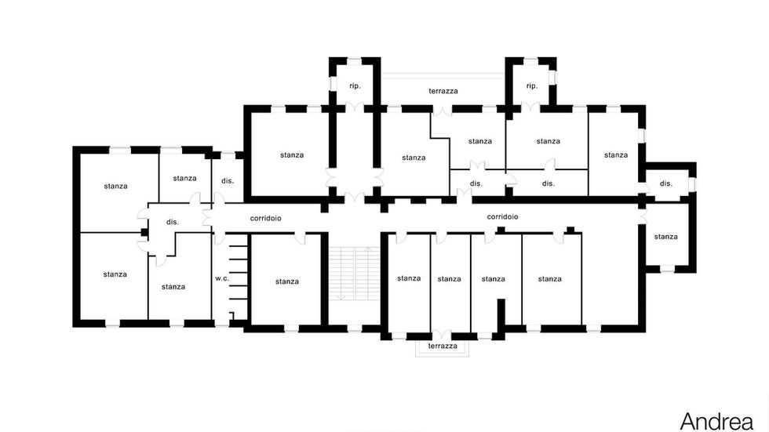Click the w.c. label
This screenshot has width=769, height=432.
pyautogui.click(x=222, y=278)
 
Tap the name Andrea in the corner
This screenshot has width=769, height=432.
pyautogui.click(x=716, y=421)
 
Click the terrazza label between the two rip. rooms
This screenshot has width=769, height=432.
pyautogui.click(x=443, y=91)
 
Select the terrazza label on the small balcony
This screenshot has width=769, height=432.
pyautogui.click(x=443, y=346)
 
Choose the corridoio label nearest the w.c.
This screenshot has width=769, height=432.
pyautogui.click(x=266, y=218)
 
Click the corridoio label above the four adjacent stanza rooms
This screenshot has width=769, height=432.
pyautogui.click(x=503, y=216)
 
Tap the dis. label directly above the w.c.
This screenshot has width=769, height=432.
pyautogui.click(x=228, y=181)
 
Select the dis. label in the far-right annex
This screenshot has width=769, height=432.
pyautogui.click(x=666, y=183)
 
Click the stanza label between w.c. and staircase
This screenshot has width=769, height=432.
pyautogui.click(x=287, y=281)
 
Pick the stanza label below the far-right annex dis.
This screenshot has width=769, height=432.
pyautogui.click(x=666, y=237)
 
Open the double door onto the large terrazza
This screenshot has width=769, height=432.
pyautogui.click(x=443, y=111)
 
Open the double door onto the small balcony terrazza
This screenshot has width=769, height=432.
pyautogui.click(x=442, y=335)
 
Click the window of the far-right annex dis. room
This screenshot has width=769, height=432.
pyautogui.click(x=692, y=184)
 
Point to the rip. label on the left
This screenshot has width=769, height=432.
pyautogui.click(x=355, y=85)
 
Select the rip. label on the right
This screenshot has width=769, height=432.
pyautogui.click(x=532, y=85)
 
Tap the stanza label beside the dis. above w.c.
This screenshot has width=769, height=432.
pyautogui.click(x=185, y=178)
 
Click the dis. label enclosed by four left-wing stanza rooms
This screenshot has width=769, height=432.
pyautogui.click(x=173, y=222)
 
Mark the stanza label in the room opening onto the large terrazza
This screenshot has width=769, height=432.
pyautogui.click(x=480, y=141)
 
